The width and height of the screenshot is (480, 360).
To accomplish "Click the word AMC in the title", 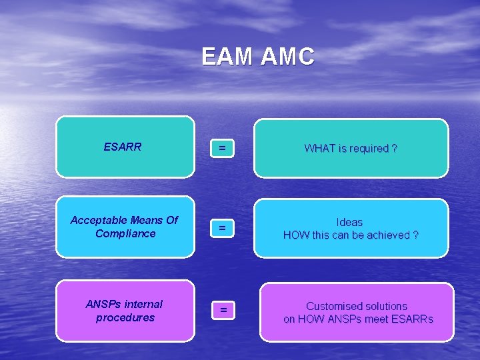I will (287, 57).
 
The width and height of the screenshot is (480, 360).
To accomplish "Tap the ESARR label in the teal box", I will (123, 147).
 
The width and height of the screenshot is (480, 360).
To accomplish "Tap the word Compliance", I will (125, 233).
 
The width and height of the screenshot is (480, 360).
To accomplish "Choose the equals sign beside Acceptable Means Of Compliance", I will (223, 229).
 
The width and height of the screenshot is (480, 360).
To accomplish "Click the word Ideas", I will (350, 222).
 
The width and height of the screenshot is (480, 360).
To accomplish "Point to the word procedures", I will (125, 317).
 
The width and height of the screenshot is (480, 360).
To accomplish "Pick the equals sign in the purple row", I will (224, 310).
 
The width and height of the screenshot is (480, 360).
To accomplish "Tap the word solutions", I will (385, 306).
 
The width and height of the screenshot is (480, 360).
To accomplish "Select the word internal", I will (143, 304).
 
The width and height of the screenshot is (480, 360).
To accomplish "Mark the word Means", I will (147, 220).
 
